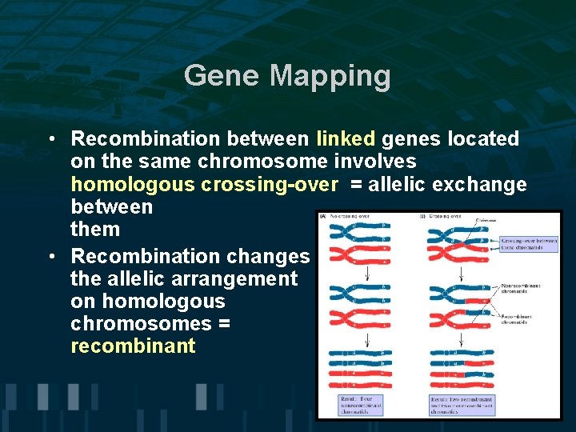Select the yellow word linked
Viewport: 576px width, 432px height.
click(x=345, y=138)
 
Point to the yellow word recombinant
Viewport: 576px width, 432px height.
click(x=133, y=346)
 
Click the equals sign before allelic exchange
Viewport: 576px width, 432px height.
click(x=355, y=185)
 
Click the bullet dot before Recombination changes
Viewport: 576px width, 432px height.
click(x=50, y=257)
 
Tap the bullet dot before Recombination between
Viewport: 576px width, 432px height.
click(x=50, y=139)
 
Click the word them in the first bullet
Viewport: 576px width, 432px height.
click(x=95, y=230)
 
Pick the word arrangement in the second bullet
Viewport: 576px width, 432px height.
click(x=233, y=279)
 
